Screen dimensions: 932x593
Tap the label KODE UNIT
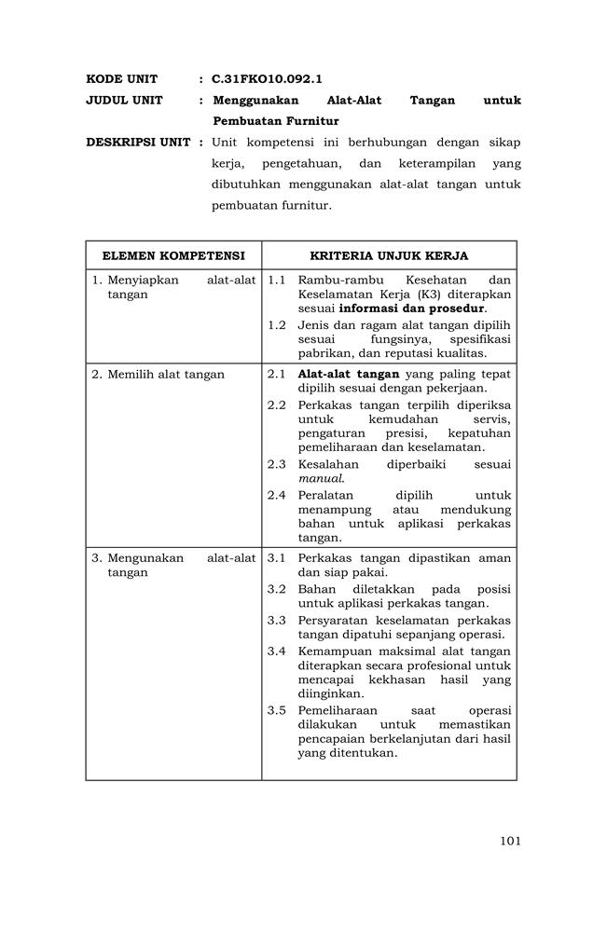(x=121, y=79)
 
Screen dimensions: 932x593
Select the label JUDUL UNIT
(x=124, y=101)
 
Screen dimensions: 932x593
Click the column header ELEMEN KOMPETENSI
(x=173, y=255)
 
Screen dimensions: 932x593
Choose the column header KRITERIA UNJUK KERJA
(x=389, y=255)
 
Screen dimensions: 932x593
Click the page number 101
(x=509, y=841)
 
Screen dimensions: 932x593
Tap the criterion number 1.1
(x=276, y=281)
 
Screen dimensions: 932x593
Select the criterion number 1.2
(x=276, y=325)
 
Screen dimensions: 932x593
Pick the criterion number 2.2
(x=276, y=405)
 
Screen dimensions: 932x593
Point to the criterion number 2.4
(x=276, y=496)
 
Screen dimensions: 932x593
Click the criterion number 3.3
(x=276, y=621)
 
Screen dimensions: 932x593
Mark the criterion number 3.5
(x=276, y=710)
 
